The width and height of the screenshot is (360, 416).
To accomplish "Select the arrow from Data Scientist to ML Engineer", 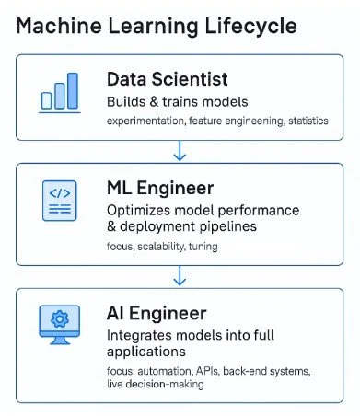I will click(180, 148).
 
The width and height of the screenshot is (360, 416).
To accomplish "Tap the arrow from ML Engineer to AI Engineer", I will click(180, 273).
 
